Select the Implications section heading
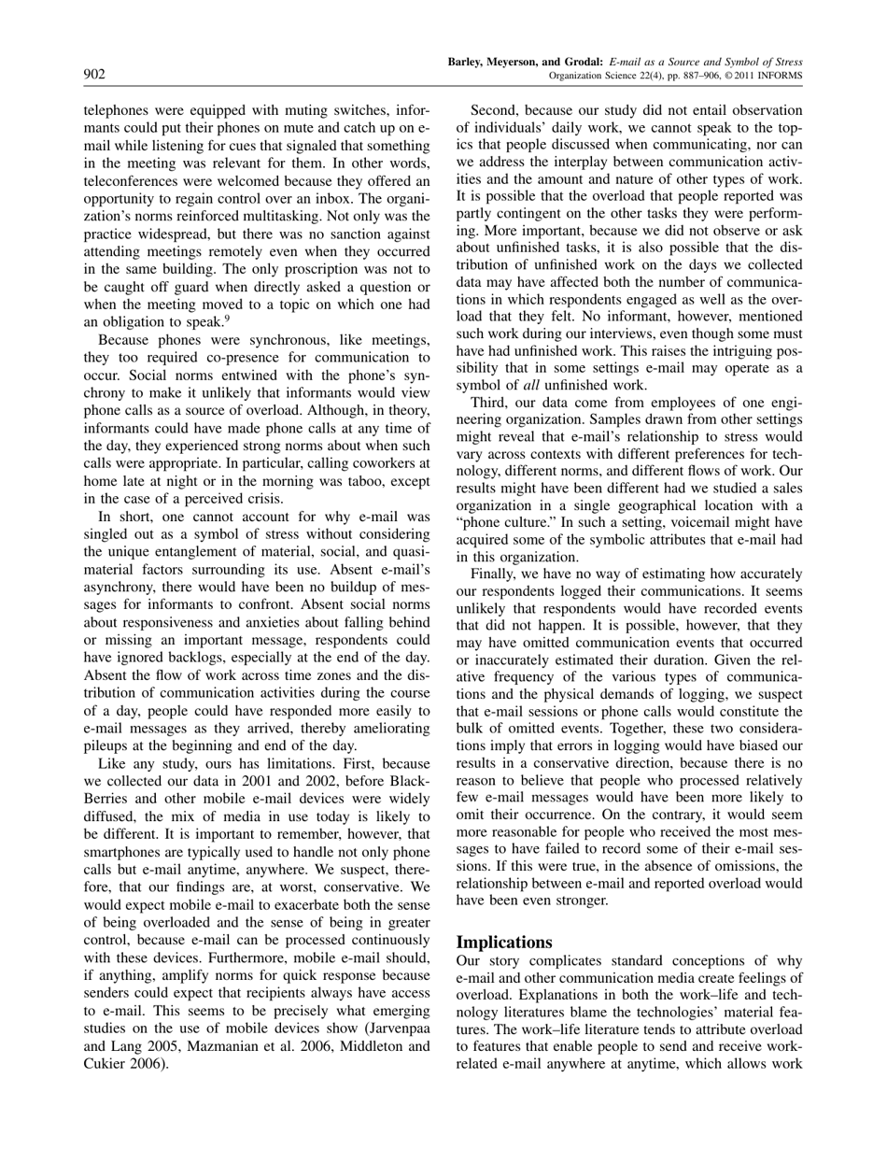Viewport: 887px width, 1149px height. [x=503, y=942]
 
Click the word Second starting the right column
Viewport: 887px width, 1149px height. [x=496, y=110]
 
